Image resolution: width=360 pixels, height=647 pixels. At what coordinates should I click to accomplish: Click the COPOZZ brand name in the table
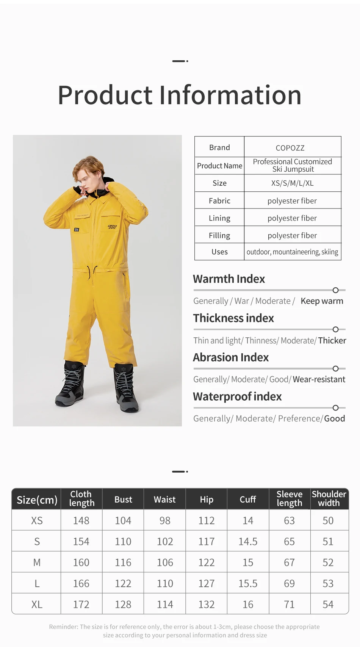(x=290, y=148)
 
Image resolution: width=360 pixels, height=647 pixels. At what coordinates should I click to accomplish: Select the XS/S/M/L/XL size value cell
(x=292, y=183)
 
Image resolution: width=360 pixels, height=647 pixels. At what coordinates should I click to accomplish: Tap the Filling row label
(x=219, y=235)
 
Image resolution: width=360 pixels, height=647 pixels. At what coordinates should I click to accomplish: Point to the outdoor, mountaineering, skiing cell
(x=292, y=252)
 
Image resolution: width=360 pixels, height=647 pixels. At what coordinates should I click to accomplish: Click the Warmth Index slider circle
(x=335, y=290)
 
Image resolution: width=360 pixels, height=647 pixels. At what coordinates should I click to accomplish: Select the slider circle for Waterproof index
(x=335, y=408)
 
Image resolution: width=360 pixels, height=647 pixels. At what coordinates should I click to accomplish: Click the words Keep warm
(x=322, y=301)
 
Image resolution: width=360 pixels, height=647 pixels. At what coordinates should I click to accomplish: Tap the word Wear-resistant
(x=319, y=379)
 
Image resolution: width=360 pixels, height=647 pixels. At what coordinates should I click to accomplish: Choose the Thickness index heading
(x=233, y=318)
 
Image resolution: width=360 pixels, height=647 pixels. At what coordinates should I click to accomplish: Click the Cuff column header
(x=248, y=500)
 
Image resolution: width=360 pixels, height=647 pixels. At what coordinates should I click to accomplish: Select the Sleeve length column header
(x=290, y=499)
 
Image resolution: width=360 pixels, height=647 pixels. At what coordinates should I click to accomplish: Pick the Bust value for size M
(x=123, y=562)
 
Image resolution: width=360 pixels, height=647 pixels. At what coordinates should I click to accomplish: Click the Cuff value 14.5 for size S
(x=248, y=542)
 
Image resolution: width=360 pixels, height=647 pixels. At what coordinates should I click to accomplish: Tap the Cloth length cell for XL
(x=81, y=605)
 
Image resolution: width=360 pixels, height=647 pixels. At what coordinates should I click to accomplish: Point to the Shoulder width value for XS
(x=328, y=521)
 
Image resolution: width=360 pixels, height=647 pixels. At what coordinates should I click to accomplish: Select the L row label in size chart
(x=37, y=584)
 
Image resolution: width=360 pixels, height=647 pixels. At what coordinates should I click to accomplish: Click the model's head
(x=89, y=172)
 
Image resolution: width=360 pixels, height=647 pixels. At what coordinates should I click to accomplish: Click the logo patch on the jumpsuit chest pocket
(x=113, y=227)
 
